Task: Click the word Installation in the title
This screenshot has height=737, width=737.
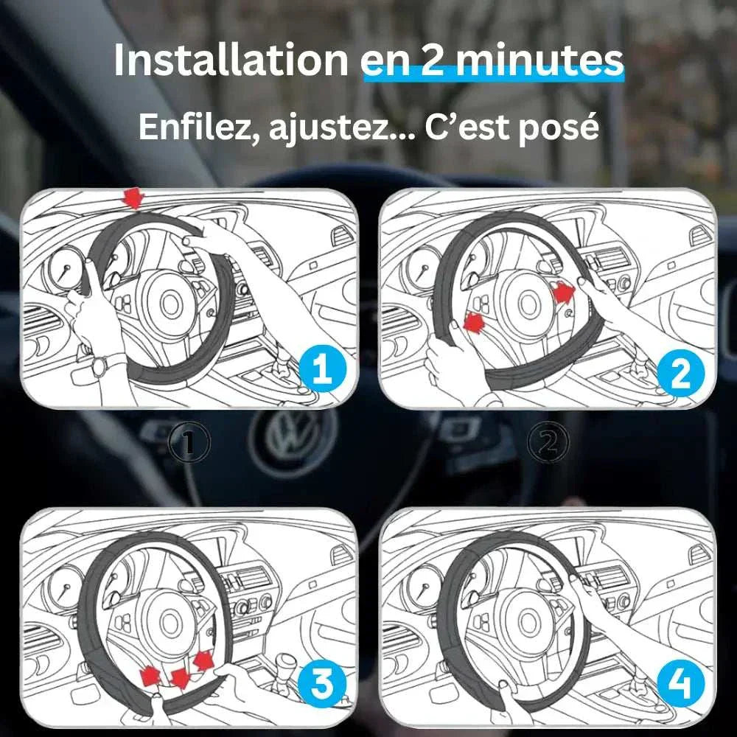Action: click(x=230, y=61)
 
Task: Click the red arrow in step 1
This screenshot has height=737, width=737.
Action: click(x=133, y=198)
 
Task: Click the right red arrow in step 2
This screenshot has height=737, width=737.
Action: click(x=563, y=293)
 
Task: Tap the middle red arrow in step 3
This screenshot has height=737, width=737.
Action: click(x=178, y=677)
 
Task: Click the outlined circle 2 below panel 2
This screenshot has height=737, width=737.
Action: click(x=549, y=442)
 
